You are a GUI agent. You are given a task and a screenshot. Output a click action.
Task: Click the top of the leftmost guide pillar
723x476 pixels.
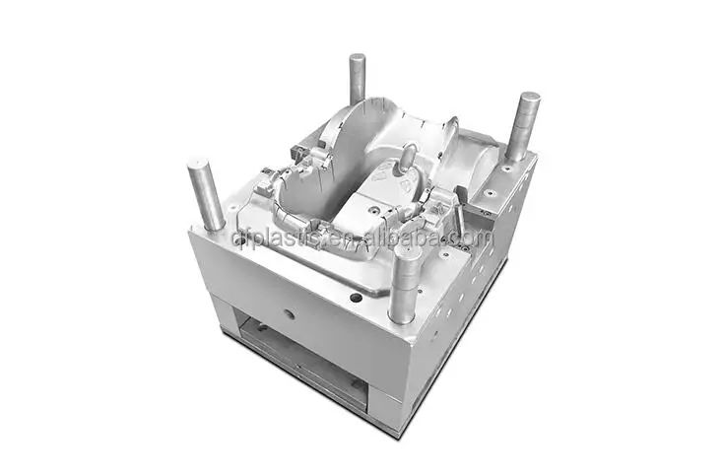201,165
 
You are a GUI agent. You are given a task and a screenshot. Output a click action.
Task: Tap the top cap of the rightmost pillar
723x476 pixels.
528,99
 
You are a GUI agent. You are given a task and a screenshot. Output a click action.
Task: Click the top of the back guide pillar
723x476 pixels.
357,59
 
